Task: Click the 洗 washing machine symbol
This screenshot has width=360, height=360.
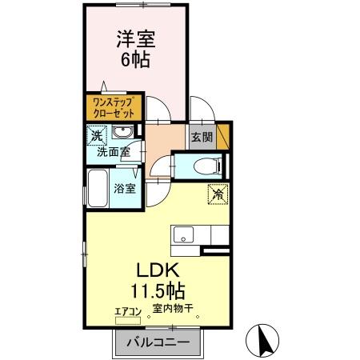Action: pos(97,135)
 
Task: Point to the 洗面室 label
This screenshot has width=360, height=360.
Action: pos(113,150)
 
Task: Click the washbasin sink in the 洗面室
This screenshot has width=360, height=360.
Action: pos(125,133)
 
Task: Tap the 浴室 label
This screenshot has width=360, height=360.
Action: pos(124,189)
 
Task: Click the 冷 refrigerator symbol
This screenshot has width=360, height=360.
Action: pos(216,193)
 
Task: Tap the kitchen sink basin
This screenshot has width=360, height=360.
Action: pos(182,235)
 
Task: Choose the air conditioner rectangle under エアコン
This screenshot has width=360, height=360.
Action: pos(128,319)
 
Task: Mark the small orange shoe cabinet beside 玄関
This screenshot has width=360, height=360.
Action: pos(223,134)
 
